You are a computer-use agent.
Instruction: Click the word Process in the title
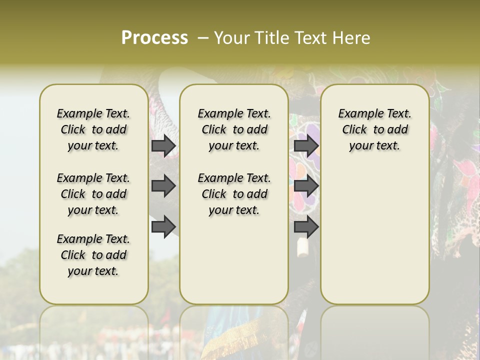click(154, 37)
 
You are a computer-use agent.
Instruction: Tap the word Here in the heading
click(351, 37)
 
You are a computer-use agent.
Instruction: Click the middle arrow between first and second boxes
click(163, 186)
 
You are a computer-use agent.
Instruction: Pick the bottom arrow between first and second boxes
click(163, 227)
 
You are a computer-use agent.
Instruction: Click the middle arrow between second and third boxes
click(306, 186)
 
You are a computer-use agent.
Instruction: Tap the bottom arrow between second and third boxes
click(306, 227)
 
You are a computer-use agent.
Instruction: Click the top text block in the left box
click(93, 129)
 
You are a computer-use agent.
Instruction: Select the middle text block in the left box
click(93, 194)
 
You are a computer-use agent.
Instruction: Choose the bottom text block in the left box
click(93, 255)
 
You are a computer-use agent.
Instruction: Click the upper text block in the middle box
click(234, 129)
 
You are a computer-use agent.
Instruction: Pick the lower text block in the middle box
click(234, 194)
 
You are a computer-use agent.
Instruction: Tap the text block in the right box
click(375, 129)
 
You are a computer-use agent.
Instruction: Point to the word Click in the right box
click(354, 130)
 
